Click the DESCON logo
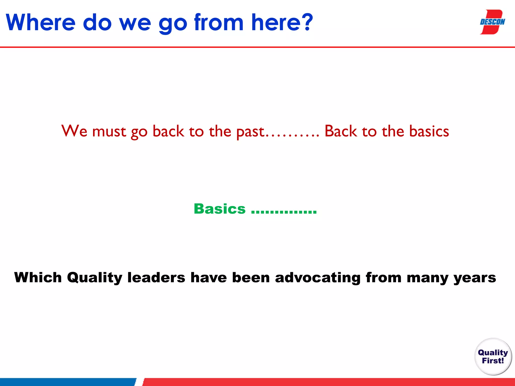click(x=492, y=22)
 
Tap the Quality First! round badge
click(x=493, y=357)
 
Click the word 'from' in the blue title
click(x=219, y=23)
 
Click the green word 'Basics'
click(x=220, y=209)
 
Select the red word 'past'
click(x=250, y=132)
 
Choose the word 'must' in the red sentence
click(x=109, y=132)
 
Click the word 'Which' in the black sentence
click(x=38, y=277)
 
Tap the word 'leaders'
click(x=156, y=277)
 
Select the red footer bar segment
click(x=327, y=382)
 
